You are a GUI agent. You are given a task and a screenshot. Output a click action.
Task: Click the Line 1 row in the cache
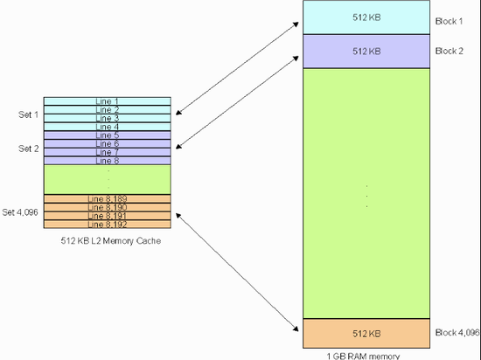click(108, 101)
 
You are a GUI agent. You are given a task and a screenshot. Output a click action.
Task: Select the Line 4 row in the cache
click(108, 127)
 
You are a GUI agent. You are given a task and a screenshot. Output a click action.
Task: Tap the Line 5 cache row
click(108, 135)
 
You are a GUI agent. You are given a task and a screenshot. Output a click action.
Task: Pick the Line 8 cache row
click(108, 161)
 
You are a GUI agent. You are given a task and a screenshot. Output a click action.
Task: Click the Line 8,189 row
click(108, 198)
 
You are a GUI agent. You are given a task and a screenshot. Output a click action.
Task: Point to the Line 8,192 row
click(108, 224)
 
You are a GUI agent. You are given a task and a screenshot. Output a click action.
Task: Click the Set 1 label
click(29, 114)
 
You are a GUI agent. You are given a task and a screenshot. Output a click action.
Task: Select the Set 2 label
click(29, 149)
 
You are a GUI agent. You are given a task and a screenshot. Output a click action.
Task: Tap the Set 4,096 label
click(21, 211)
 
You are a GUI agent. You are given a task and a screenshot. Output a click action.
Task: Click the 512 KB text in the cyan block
click(366, 18)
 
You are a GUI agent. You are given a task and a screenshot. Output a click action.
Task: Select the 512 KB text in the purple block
click(366, 52)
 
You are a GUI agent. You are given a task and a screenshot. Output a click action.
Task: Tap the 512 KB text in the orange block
click(366, 333)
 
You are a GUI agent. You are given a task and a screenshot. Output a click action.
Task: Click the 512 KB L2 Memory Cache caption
click(107, 241)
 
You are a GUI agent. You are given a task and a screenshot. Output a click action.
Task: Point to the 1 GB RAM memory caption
click(366, 355)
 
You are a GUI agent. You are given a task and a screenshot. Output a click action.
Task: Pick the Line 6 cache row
click(108, 144)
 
